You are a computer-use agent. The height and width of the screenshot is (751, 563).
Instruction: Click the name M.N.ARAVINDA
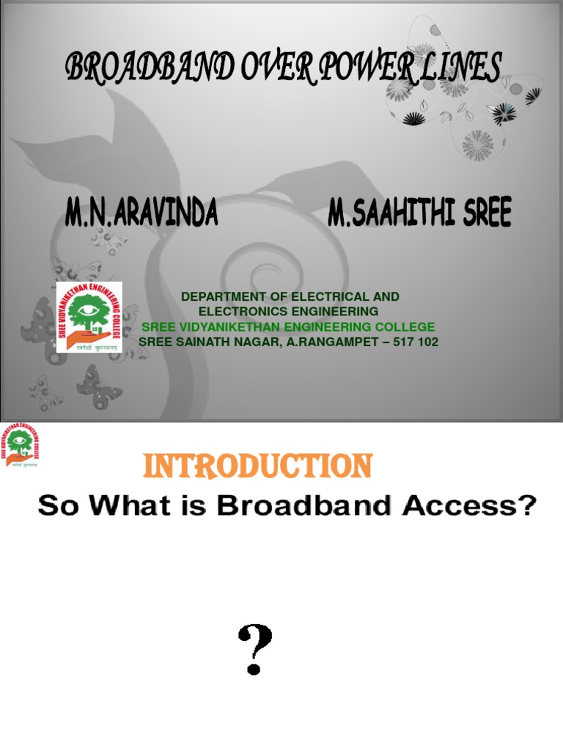(x=141, y=213)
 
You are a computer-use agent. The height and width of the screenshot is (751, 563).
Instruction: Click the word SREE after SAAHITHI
(x=484, y=213)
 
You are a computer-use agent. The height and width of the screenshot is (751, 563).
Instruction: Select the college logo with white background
(x=89, y=317)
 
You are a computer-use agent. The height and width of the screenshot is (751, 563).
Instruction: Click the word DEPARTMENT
(x=223, y=296)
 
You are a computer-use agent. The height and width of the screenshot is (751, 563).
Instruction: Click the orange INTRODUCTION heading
(x=257, y=466)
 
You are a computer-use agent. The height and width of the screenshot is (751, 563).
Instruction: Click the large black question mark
(x=254, y=649)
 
